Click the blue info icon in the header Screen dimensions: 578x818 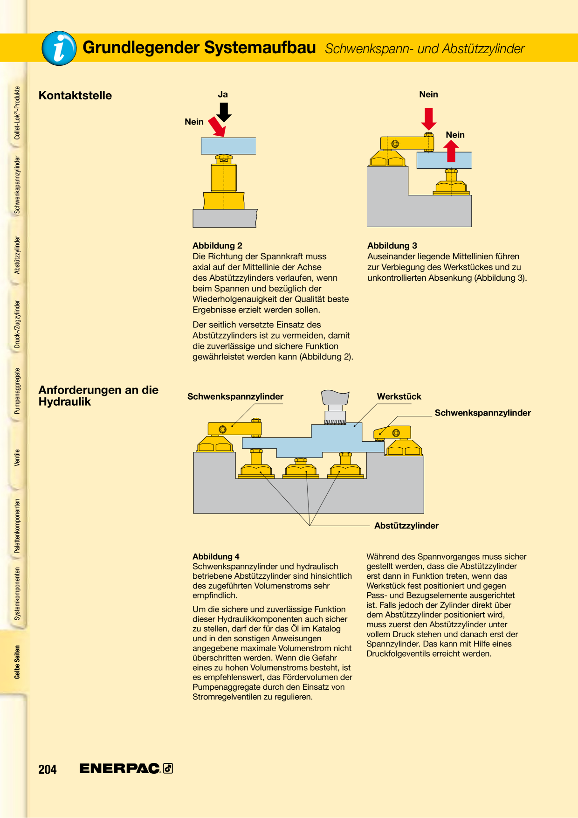59,48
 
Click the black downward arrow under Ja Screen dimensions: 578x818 224,112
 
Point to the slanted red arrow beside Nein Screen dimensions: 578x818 217,126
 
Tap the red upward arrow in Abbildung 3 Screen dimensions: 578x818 451,151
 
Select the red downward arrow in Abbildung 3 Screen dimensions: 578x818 429,119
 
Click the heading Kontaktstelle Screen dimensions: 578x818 75,96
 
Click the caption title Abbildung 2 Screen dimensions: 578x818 217,245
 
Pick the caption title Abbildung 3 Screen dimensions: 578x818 392,245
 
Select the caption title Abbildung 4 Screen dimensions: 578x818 216,556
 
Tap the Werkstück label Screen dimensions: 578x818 399,396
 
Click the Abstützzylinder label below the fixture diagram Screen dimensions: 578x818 406,526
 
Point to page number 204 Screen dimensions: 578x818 48,769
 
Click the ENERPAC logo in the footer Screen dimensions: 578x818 126,768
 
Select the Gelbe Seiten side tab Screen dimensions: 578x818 17,662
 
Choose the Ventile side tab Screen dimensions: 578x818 17,458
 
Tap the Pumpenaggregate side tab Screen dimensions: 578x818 17,391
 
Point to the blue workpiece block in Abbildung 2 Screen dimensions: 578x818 228,146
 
